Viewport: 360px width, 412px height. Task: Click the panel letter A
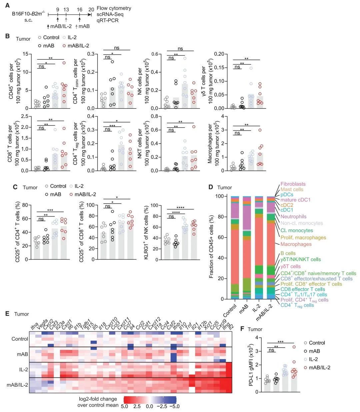tap(7, 6)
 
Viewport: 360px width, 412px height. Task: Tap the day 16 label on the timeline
tap(79, 10)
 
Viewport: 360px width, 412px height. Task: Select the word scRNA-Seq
tap(110, 14)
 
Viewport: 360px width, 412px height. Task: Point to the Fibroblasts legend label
tap(293, 184)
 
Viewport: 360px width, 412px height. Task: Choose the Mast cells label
tap(292, 190)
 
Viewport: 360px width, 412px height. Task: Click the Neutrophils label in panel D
tap(293, 216)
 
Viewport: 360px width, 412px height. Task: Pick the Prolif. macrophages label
tap(303, 237)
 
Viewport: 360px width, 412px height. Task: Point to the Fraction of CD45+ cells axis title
tap(211, 247)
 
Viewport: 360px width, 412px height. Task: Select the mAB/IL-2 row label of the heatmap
tap(17, 385)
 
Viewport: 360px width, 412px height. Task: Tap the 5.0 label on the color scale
tap(124, 406)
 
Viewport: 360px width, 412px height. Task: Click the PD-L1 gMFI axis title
tap(251, 365)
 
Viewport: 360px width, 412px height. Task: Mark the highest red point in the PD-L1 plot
tap(294, 347)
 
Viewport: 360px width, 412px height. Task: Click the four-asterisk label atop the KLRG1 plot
tap(180, 208)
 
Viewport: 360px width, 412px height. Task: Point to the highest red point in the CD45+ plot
tap(64, 63)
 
